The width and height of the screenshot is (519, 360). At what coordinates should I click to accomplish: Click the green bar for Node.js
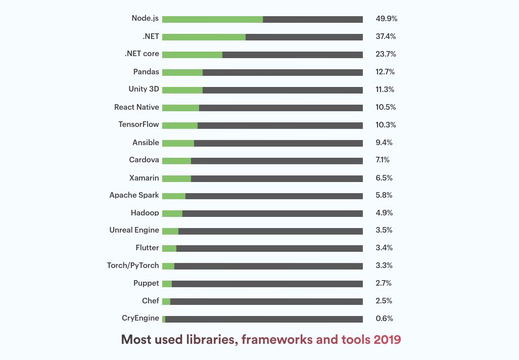click(212, 19)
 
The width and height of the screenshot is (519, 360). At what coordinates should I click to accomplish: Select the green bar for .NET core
click(192, 55)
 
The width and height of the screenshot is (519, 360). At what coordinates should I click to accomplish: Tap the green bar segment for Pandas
click(182, 72)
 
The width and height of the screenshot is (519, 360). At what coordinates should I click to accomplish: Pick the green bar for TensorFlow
click(180, 125)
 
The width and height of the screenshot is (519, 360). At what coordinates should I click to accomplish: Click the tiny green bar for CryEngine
click(164, 319)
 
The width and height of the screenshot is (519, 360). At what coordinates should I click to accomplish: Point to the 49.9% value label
click(386, 19)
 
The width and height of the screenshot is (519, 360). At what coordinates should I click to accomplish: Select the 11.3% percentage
click(385, 89)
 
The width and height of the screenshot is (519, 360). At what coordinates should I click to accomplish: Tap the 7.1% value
click(383, 160)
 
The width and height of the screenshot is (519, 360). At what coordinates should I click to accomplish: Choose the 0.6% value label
click(385, 319)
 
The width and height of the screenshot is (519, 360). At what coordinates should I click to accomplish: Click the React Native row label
click(136, 107)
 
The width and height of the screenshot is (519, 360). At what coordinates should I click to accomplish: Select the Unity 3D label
click(144, 89)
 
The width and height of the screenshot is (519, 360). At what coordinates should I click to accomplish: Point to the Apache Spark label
click(134, 195)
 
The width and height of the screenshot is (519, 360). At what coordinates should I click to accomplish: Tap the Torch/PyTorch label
click(133, 265)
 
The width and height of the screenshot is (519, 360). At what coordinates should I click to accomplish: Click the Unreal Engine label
click(134, 230)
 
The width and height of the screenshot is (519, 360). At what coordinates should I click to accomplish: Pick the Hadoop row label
click(145, 213)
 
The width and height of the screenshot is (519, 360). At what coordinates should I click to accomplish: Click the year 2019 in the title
click(387, 340)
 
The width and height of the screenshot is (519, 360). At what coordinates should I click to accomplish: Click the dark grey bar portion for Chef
click(266, 301)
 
